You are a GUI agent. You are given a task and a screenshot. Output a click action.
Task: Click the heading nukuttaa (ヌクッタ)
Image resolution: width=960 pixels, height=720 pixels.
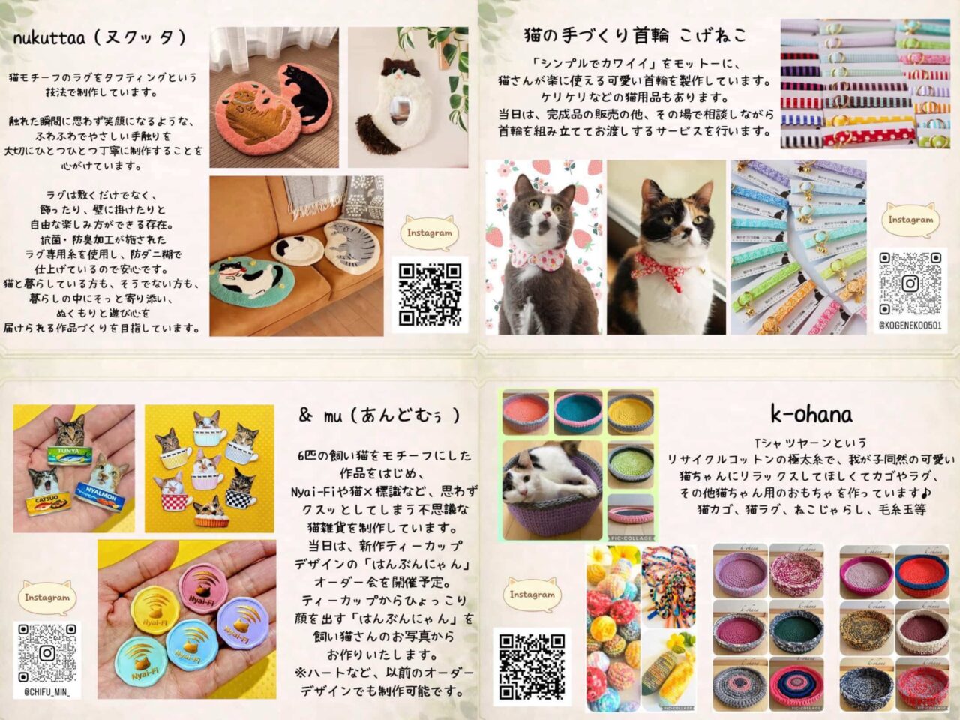[99, 37]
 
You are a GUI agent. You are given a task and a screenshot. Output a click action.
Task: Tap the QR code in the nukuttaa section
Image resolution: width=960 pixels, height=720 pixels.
[430, 294]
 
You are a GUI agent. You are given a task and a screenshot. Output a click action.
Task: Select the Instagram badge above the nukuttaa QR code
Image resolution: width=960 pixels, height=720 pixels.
[430, 232]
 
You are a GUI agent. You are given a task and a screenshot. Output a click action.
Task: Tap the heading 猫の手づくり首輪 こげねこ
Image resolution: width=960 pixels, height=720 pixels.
[634, 34]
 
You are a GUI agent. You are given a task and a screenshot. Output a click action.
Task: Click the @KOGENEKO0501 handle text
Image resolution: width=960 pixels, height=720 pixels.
[910, 325]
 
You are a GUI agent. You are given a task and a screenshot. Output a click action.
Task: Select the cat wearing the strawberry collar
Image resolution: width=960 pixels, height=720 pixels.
[544, 247]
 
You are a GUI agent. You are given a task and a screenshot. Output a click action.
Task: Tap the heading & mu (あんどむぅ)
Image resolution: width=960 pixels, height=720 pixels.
[379, 415]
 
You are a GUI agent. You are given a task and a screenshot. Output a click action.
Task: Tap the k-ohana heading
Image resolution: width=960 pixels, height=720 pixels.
[811, 413]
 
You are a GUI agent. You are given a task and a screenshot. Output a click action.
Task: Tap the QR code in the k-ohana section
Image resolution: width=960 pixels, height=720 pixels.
[531, 664]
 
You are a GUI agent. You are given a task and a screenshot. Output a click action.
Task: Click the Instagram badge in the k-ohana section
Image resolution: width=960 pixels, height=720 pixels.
[532, 595]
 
